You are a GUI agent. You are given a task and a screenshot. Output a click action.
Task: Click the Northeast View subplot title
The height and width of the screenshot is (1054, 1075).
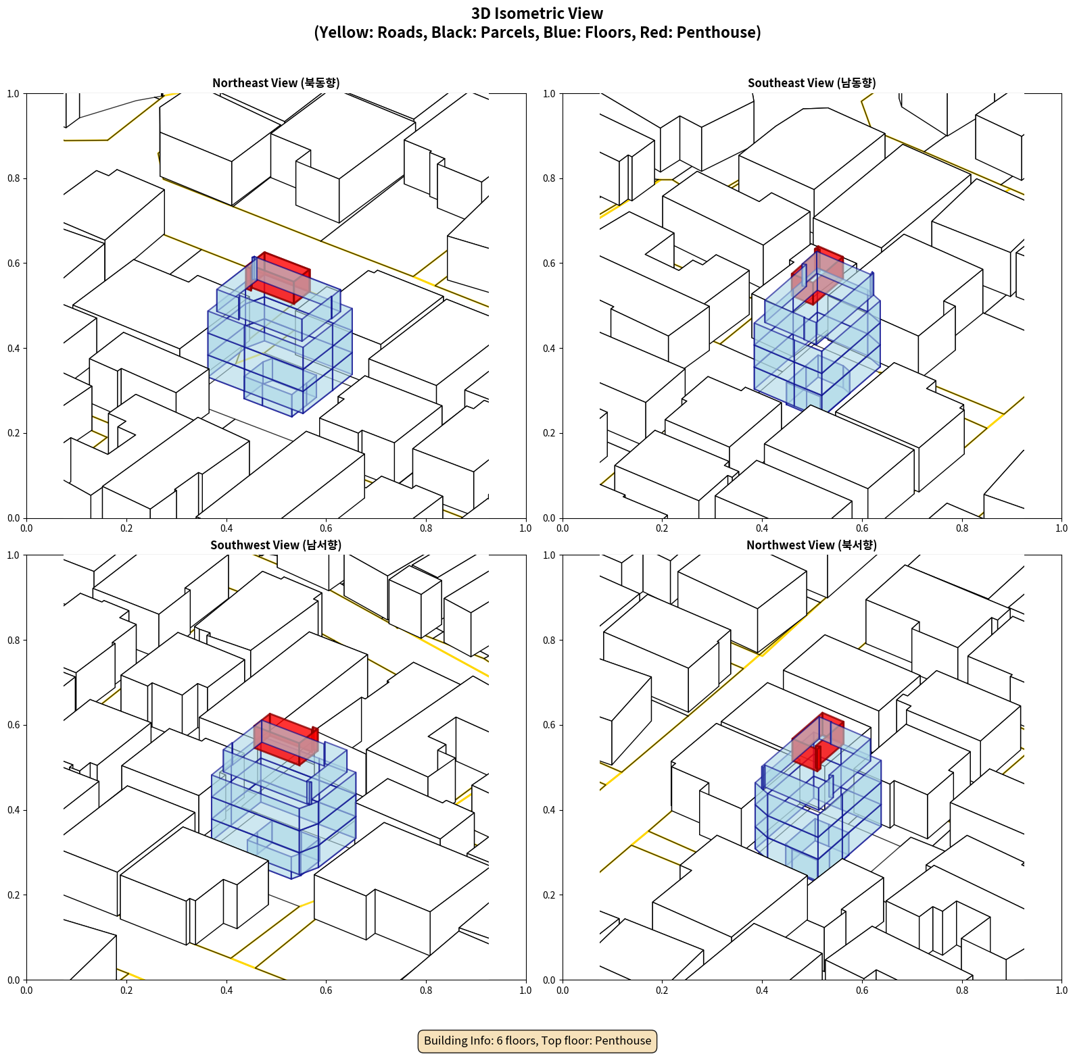[276, 82]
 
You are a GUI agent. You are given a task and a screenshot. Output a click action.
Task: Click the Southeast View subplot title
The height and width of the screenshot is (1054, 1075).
[811, 82]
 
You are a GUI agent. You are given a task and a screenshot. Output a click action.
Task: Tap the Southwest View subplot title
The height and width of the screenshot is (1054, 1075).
[276, 545]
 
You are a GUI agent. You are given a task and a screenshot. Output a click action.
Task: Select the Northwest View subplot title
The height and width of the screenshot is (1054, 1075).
[811, 545]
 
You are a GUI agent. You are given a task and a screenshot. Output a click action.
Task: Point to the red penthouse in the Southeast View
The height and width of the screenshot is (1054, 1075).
[818, 274]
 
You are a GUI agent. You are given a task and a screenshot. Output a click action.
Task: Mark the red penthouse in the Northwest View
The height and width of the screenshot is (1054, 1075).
[818, 741]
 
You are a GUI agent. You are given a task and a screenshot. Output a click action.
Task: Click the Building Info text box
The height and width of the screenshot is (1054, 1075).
[537, 1040]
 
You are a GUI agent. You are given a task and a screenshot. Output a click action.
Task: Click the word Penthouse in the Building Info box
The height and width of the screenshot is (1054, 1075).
[623, 1040]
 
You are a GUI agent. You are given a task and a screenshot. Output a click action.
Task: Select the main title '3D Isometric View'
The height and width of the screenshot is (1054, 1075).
[537, 14]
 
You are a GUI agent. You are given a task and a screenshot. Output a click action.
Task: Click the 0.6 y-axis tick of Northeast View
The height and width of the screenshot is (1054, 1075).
[14, 263]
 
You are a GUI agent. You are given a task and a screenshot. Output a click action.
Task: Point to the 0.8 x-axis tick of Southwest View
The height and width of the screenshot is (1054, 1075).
[426, 990]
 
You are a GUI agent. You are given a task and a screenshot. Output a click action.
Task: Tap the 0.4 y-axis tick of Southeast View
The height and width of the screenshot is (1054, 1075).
[549, 349]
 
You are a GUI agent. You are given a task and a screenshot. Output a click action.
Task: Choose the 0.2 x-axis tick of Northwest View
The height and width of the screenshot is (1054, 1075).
[662, 990]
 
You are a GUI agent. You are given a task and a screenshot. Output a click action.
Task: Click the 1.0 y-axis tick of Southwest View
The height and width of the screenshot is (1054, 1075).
[14, 555]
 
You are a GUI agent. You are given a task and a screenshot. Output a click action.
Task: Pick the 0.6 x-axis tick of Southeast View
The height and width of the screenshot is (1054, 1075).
[862, 528]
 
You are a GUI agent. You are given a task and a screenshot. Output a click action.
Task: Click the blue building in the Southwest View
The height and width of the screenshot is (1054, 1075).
[284, 811]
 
